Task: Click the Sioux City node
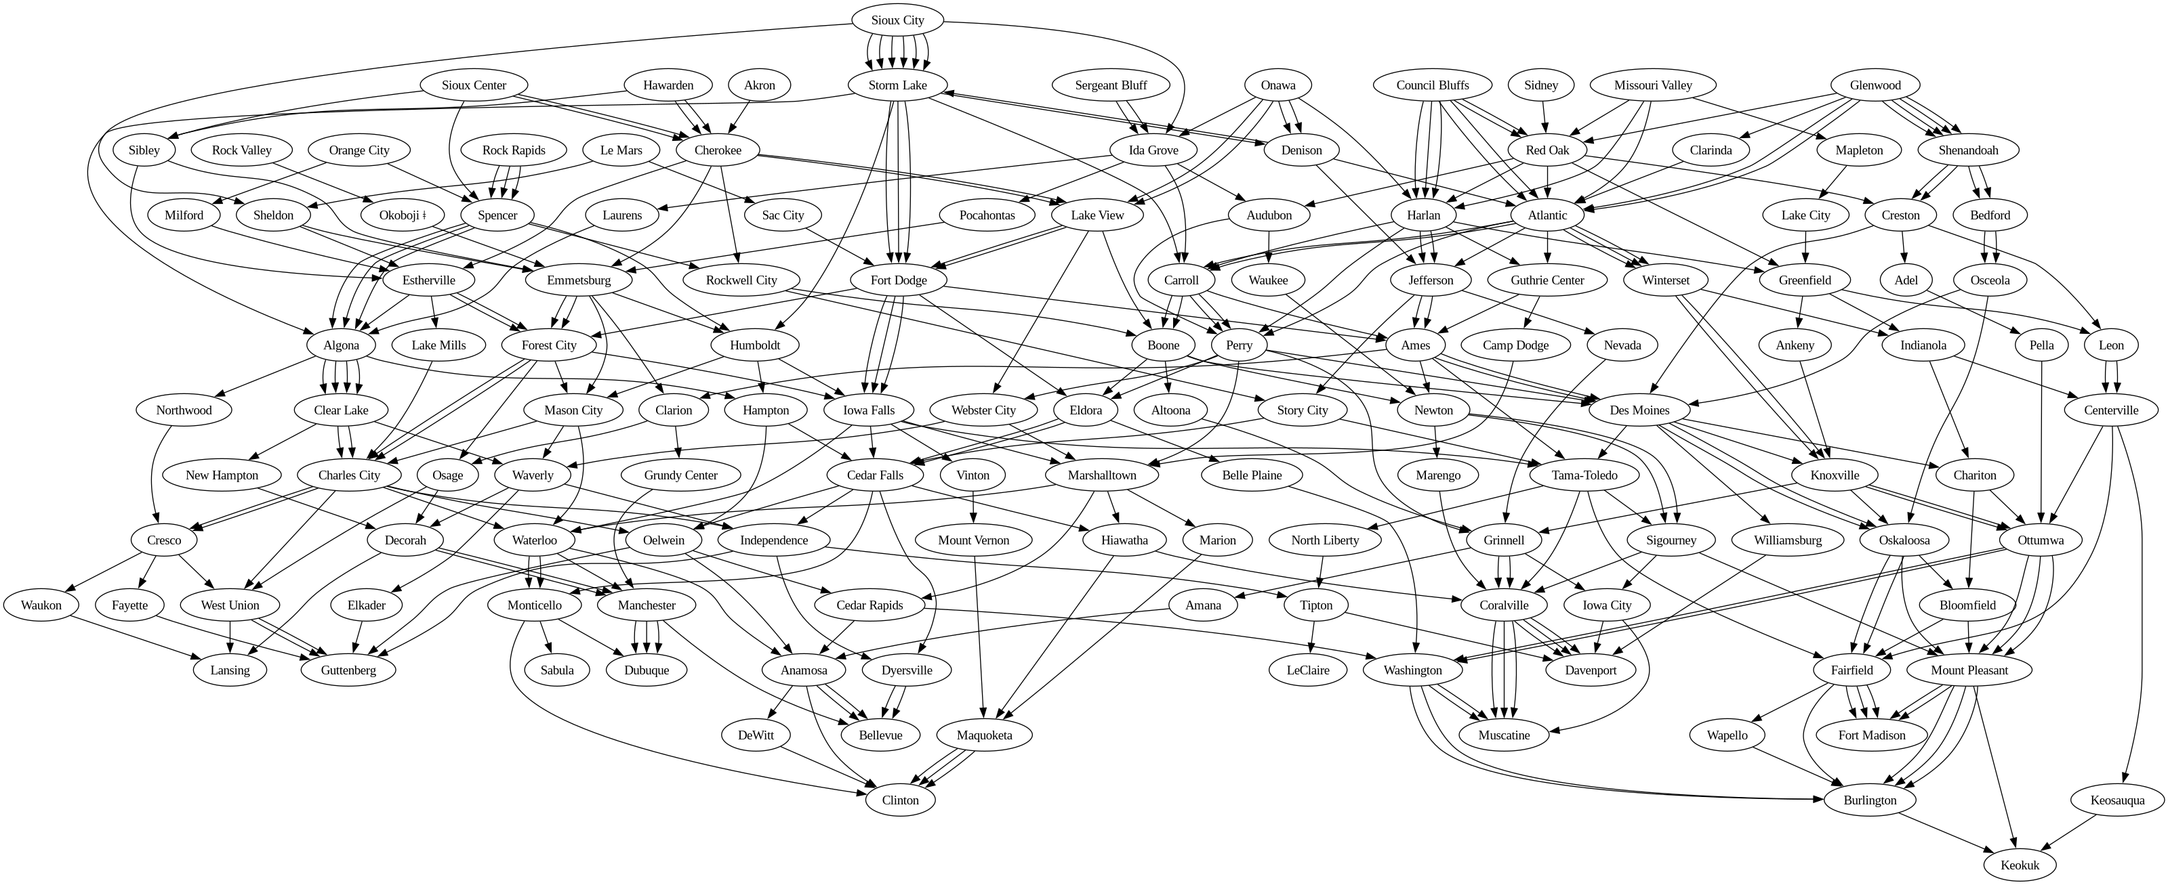(x=897, y=20)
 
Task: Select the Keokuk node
(x=2020, y=865)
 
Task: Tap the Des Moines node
(x=1639, y=410)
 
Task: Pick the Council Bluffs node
(x=1433, y=85)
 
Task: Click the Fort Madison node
(x=1872, y=735)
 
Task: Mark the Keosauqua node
(x=2117, y=800)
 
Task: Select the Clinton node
(x=900, y=800)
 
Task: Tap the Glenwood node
(x=1875, y=85)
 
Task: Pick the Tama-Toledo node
(x=1584, y=475)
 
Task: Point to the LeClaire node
(x=1308, y=670)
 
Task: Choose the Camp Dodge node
(x=1516, y=345)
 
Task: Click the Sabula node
(x=557, y=670)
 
